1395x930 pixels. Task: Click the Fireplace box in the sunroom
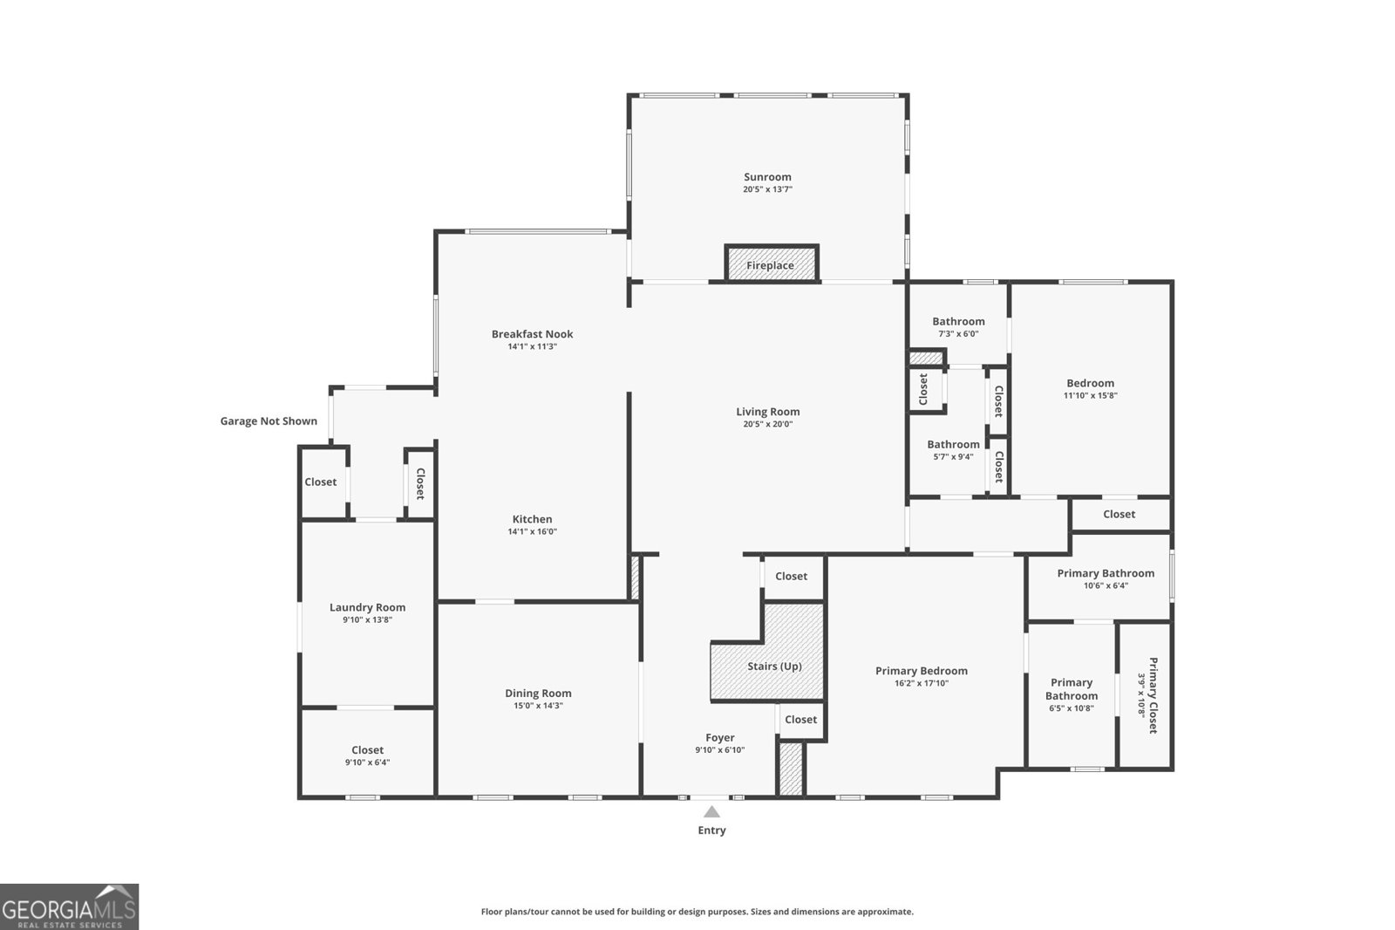(771, 264)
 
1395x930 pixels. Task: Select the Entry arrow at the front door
(711, 811)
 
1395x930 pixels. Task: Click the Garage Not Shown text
(269, 421)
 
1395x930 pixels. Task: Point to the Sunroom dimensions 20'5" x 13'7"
(767, 189)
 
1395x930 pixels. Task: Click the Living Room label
(767, 412)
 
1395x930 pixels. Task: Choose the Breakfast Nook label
(532, 334)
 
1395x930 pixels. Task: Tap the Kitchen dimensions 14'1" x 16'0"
(532, 531)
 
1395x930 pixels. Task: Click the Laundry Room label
(367, 607)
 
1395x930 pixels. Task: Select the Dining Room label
(538, 694)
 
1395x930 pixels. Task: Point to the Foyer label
(719, 738)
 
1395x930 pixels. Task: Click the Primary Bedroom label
(922, 671)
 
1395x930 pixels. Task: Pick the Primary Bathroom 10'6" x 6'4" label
(1106, 573)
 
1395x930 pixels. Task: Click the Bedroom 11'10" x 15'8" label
(1090, 383)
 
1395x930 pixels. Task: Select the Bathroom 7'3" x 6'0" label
(958, 321)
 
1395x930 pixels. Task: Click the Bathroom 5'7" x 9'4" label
(953, 444)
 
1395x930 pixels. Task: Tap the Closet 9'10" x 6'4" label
(367, 750)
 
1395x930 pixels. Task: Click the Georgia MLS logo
(69, 906)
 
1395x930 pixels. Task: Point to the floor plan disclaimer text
(697, 912)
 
